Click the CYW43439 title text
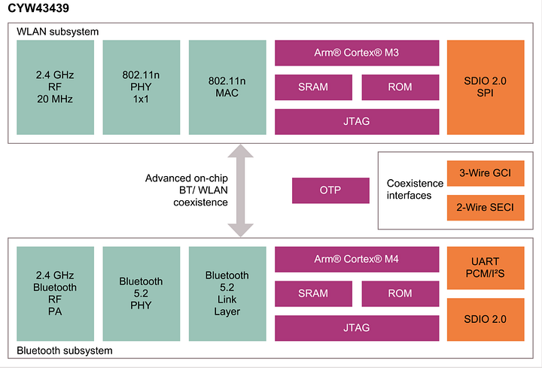[38, 8]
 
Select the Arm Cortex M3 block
[357, 53]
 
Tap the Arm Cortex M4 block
[357, 259]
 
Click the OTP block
[330, 190]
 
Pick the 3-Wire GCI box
[486, 173]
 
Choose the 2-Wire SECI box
[486, 208]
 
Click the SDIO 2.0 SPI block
[486, 87]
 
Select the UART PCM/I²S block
[486, 268]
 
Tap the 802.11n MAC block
[227, 87]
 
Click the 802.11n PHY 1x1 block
[142, 87]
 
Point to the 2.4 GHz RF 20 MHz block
[55, 87]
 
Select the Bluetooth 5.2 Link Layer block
[227, 293]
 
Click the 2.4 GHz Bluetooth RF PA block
[55, 293]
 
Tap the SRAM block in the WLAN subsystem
[313, 87]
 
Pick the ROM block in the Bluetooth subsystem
[400, 293]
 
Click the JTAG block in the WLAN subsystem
[357, 122]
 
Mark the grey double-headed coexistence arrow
[241, 190]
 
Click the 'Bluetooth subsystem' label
[65, 351]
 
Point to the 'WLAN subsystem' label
[58, 32]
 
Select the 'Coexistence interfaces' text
[415, 190]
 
